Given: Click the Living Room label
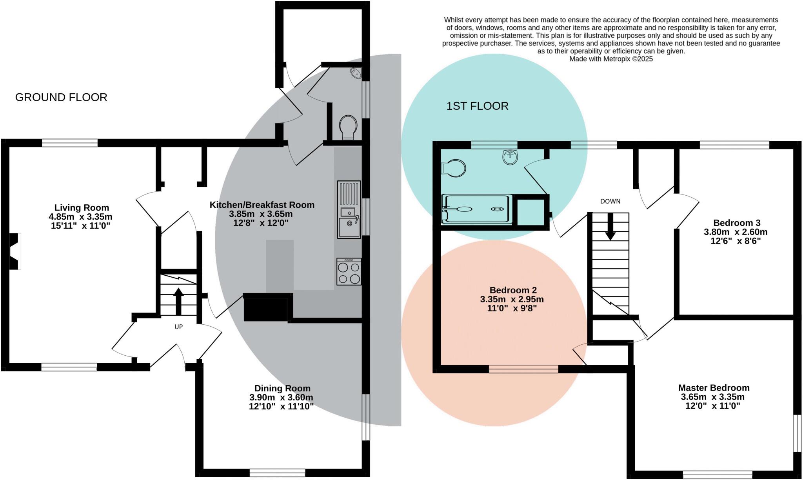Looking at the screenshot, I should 82,207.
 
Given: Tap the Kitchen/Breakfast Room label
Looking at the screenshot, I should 262,205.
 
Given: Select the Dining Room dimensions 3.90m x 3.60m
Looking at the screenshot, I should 281,397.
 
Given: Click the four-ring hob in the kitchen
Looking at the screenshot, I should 349,272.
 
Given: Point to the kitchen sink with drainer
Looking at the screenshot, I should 349,209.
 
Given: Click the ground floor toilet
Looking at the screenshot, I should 348,127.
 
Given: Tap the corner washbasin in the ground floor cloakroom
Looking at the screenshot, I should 356,73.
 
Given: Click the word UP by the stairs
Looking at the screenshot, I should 178,327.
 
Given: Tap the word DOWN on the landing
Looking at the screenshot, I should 610,201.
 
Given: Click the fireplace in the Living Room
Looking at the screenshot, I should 15,251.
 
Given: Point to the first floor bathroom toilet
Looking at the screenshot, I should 454,169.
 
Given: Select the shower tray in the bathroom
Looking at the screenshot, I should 477,209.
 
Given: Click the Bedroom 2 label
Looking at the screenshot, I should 513,290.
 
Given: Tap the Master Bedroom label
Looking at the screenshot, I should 714,388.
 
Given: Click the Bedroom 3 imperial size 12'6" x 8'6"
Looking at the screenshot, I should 735,241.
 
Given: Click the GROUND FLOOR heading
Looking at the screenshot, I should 61,97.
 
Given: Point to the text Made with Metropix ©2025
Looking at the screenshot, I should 611,59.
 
